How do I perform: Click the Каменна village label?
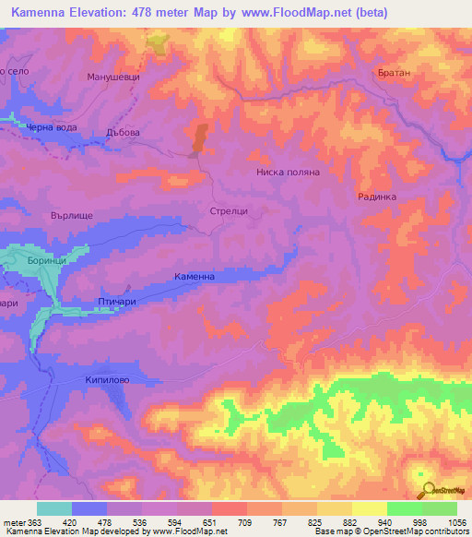(x=195, y=276)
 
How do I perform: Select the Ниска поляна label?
(x=288, y=172)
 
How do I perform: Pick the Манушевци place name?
(x=112, y=78)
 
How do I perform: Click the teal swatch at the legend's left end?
(x=53, y=508)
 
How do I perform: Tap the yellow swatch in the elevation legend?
(x=369, y=508)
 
